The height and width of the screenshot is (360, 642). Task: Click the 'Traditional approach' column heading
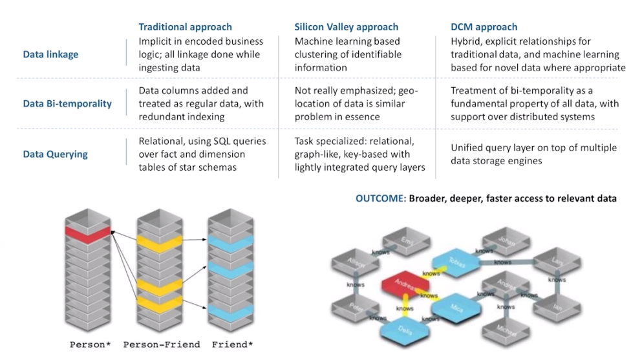(185, 27)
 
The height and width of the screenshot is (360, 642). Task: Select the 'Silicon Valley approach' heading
(346, 27)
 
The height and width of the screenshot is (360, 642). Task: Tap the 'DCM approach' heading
(484, 27)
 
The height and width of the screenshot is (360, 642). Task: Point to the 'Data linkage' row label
(50, 55)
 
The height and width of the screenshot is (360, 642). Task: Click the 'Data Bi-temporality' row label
(67, 103)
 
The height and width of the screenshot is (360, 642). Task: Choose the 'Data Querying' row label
(55, 154)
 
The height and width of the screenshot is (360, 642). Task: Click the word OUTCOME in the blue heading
(380, 198)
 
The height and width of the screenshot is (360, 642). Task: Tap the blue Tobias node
(457, 262)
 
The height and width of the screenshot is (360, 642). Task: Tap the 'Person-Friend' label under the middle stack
(162, 345)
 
